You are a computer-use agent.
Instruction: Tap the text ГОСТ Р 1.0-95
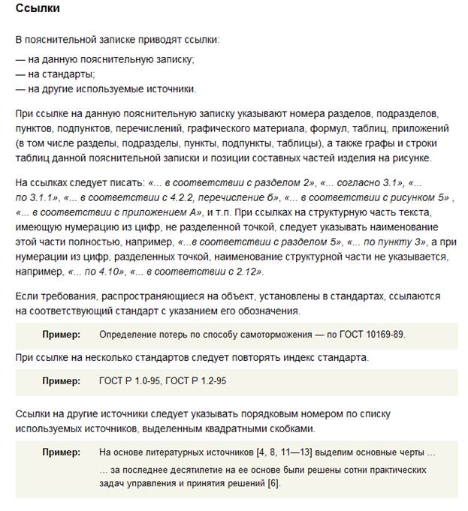click(x=130, y=381)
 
